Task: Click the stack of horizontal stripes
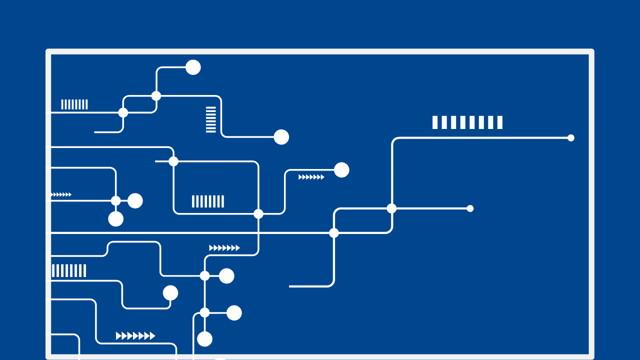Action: (x=211, y=119)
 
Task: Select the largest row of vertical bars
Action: (x=467, y=122)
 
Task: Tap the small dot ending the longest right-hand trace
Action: (x=570, y=138)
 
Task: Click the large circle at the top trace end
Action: (x=193, y=67)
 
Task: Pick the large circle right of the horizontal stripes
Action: (x=281, y=137)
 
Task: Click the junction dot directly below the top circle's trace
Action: (x=156, y=96)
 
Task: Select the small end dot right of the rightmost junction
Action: (x=470, y=208)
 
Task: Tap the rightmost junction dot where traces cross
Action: (x=391, y=208)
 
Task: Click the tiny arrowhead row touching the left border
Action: (x=61, y=194)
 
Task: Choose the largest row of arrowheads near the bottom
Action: (x=135, y=336)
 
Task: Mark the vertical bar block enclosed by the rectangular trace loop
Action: (x=208, y=201)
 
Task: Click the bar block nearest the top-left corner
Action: (x=74, y=104)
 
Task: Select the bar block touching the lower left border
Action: (x=69, y=270)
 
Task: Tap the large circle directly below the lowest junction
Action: (x=204, y=339)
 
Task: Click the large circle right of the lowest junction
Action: (x=234, y=313)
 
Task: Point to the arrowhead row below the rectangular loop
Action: (x=224, y=248)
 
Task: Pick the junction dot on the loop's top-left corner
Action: (x=173, y=161)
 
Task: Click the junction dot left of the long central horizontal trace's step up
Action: (x=334, y=233)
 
